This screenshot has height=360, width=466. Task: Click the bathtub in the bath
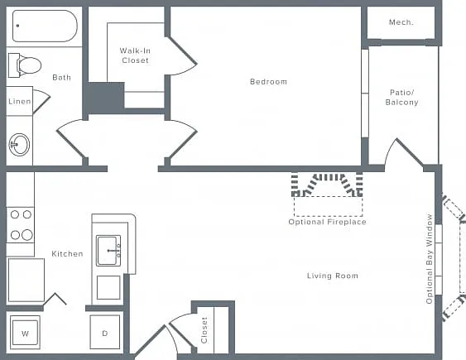click(x=45, y=26)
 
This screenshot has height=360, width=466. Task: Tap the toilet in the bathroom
click(x=25, y=65)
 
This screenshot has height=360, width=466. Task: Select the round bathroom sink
click(x=19, y=145)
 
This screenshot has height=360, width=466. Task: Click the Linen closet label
click(x=20, y=102)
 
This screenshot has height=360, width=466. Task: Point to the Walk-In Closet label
click(x=135, y=55)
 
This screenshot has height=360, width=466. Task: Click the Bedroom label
click(x=269, y=82)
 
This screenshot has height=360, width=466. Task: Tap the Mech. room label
click(x=401, y=22)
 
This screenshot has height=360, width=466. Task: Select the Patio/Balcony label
click(x=401, y=98)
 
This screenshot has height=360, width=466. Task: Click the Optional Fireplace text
click(x=327, y=222)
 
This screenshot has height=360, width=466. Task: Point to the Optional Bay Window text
click(x=429, y=259)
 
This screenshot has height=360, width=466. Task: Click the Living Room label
click(x=333, y=276)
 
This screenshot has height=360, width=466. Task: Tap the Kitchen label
click(x=67, y=254)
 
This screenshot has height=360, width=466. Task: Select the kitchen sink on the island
click(x=108, y=251)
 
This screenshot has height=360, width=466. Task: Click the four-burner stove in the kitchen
click(x=21, y=225)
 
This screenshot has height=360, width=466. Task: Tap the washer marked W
click(x=25, y=333)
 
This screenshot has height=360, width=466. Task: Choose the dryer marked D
click(x=105, y=332)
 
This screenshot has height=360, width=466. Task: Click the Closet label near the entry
click(x=204, y=330)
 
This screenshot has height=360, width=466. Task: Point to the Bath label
click(x=61, y=78)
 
